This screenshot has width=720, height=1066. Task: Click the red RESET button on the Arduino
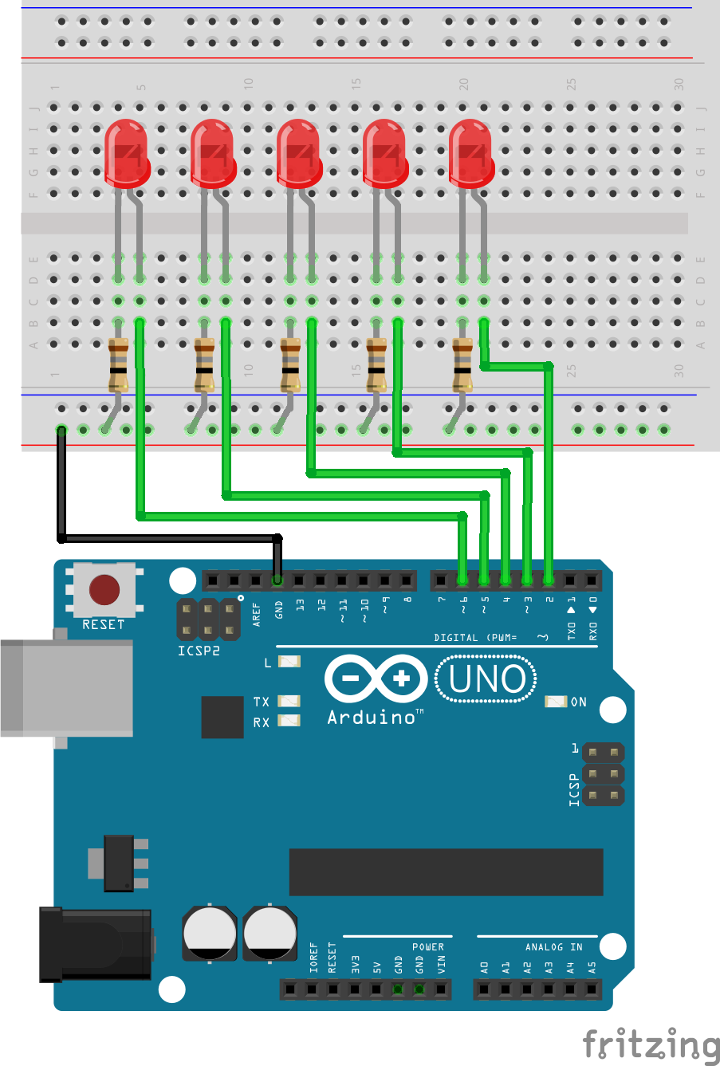click(104, 590)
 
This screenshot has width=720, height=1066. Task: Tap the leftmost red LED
click(126, 151)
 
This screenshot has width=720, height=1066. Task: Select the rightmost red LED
click(471, 151)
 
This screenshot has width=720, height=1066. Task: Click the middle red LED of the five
click(299, 151)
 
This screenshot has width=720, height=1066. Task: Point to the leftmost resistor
click(118, 364)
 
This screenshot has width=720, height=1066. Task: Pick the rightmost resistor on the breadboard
click(462, 364)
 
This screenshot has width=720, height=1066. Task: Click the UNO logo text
click(486, 679)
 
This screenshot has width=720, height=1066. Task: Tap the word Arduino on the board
click(372, 717)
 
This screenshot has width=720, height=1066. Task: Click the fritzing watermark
click(651, 1043)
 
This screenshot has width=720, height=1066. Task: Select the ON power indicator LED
click(556, 702)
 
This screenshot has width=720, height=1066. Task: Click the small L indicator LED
click(289, 662)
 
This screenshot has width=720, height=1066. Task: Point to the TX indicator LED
click(289, 701)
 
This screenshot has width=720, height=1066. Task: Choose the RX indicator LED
click(289, 721)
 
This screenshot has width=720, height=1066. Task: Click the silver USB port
click(66, 687)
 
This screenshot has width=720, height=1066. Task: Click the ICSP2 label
click(199, 651)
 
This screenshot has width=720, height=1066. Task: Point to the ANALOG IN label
click(553, 946)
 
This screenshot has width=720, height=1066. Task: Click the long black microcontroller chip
click(446, 871)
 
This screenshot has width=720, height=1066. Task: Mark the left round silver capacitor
click(210, 932)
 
